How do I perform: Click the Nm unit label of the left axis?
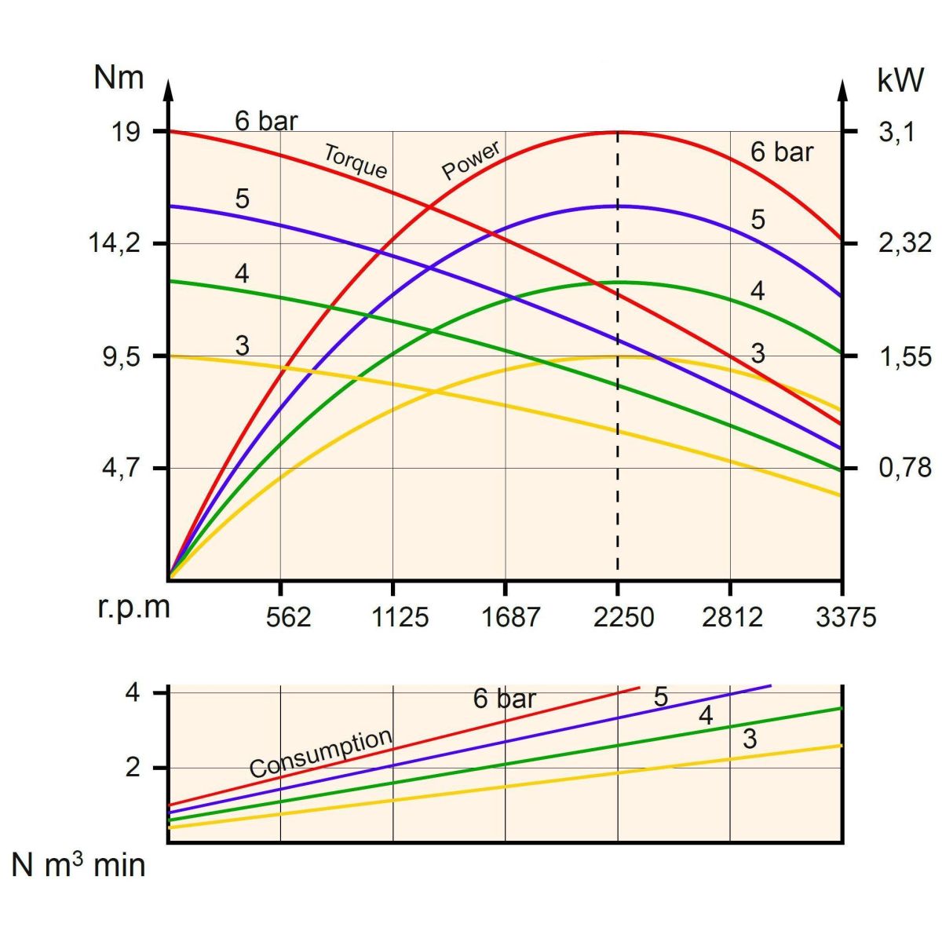click(x=119, y=78)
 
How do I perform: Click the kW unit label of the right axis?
click(x=900, y=80)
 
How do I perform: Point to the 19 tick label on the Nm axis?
click(x=125, y=131)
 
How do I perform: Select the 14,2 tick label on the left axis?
click(x=114, y=243)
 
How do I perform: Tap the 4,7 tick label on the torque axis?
click(x=121, y=468)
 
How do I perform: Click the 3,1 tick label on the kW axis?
click(x=896, y=131)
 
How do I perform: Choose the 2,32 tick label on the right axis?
click(x=904, y=243)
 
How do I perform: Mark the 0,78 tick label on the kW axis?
click(x=904, y=468)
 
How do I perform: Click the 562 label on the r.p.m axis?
click(x=288, y=618)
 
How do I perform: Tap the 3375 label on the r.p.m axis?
click(x=845, y=618)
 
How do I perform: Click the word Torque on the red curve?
click(x=356, y=161)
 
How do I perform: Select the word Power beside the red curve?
click(x=471, y=161)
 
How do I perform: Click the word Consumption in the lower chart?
click(x=321, y=753)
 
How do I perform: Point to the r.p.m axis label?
click(x=133, y=608)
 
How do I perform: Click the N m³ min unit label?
click(x=78, y=865)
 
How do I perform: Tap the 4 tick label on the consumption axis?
click(x=133, y=693)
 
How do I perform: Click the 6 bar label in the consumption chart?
click(x=504, y=699)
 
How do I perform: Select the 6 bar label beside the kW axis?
click(x=782, y=152)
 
